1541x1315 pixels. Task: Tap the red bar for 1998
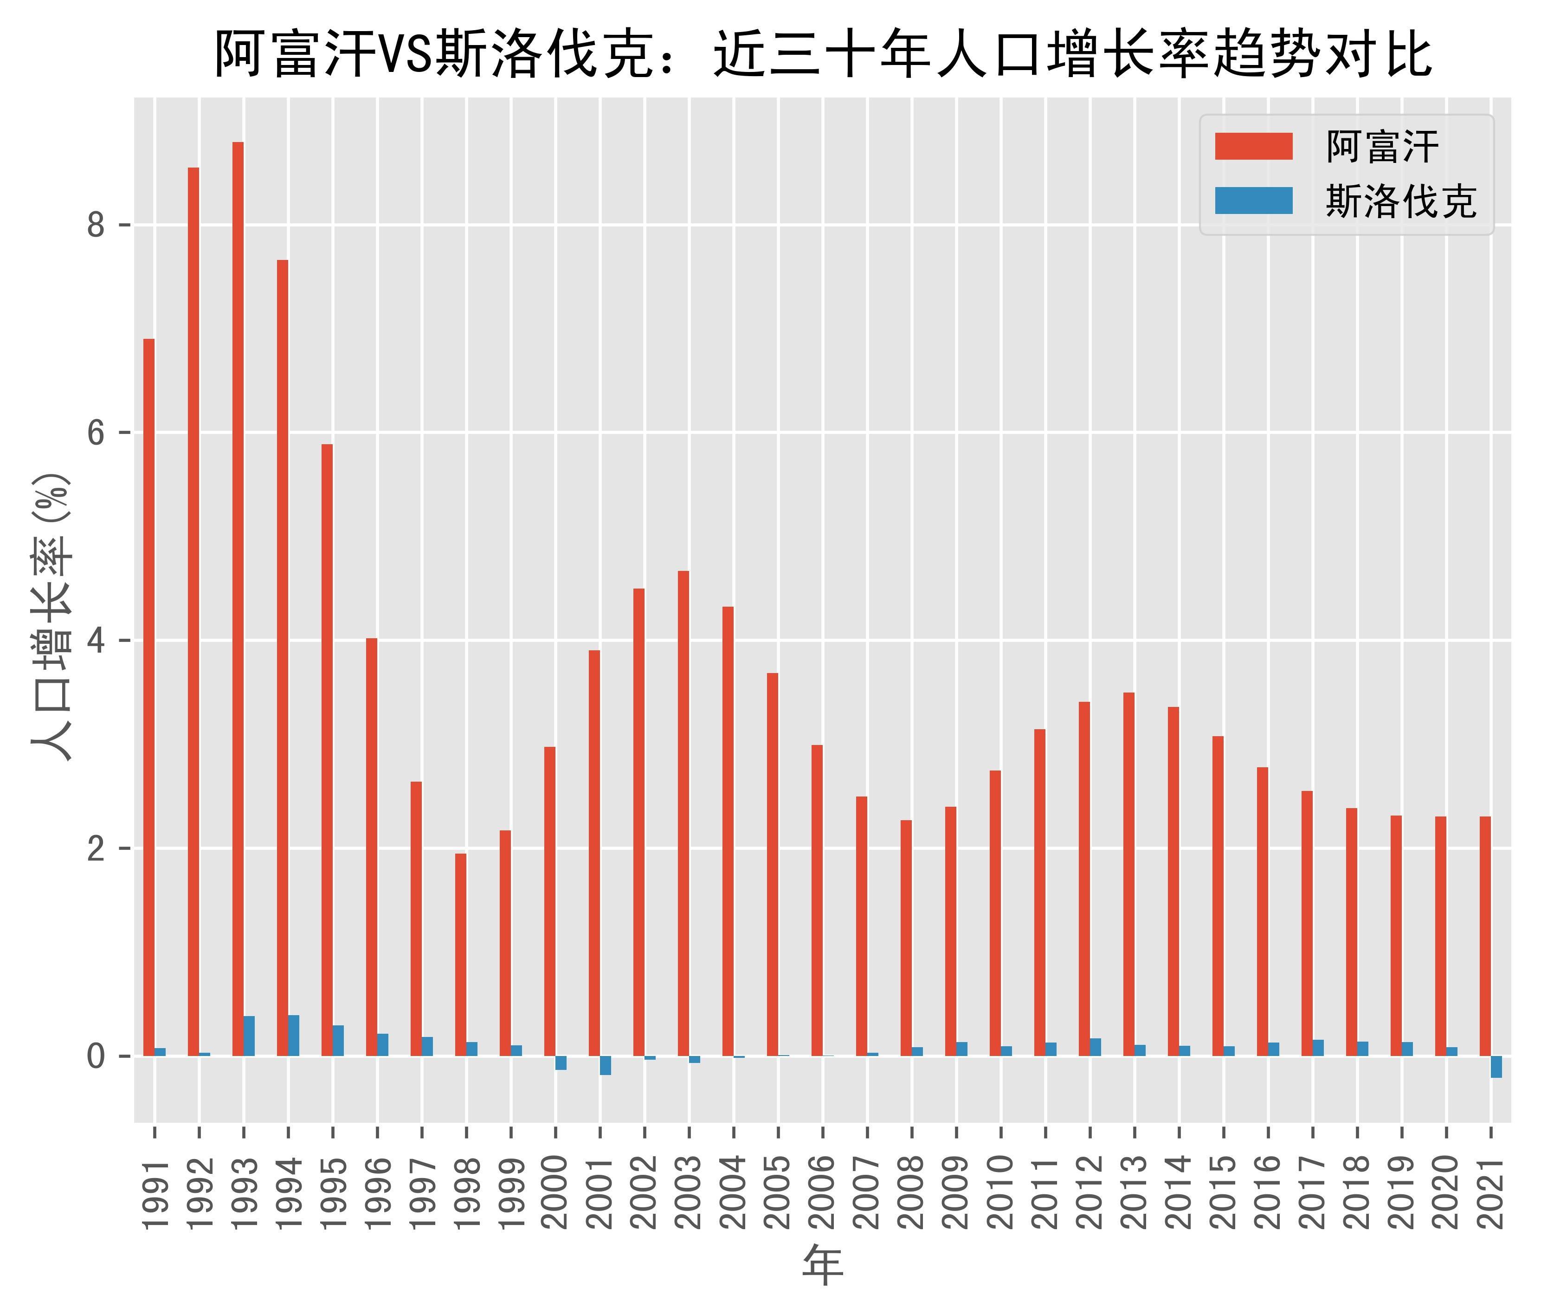pos(460,954)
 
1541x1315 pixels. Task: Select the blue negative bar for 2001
pos(606,1065)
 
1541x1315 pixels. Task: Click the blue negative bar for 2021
pos(1496,1067)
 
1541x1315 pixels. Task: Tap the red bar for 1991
pos(149,697)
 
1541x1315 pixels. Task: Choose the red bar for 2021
pos(1485,936)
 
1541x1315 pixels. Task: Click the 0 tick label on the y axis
pos(97,1056)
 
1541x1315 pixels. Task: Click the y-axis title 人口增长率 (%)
pos(52,617)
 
